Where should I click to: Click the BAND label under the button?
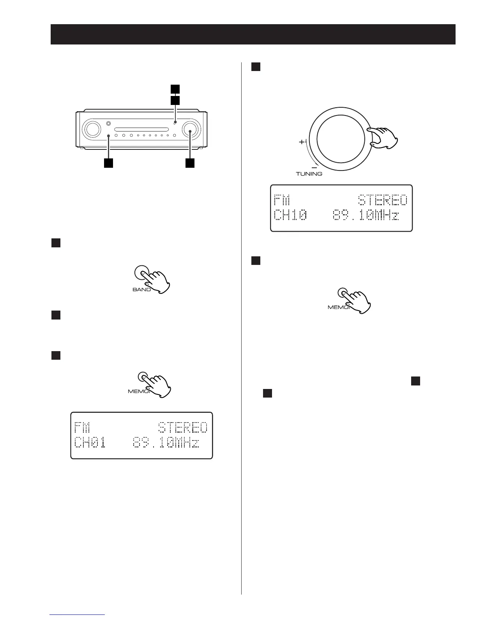[x=141, y=290]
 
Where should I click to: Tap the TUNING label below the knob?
[x=309, y=174]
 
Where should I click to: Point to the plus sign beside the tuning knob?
[x=302, y=142]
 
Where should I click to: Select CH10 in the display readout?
[x=290, y=215]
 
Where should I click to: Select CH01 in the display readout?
[x=90, y=443]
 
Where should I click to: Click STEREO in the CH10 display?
[x=383, y=201]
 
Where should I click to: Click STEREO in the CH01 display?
[x=183, y=428]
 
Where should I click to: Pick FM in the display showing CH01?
[x=82, y=428]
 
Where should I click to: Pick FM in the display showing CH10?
[x=282, y=201]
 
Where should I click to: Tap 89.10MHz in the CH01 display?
[x=166, y=443]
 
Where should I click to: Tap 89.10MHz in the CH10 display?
[x=366, y=215]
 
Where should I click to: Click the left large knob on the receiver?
[x=92, y=129]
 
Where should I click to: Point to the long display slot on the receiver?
[x=141, y=129]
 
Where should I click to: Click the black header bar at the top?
[x=253, y=34]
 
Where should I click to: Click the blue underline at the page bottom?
[x=78, y=614]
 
